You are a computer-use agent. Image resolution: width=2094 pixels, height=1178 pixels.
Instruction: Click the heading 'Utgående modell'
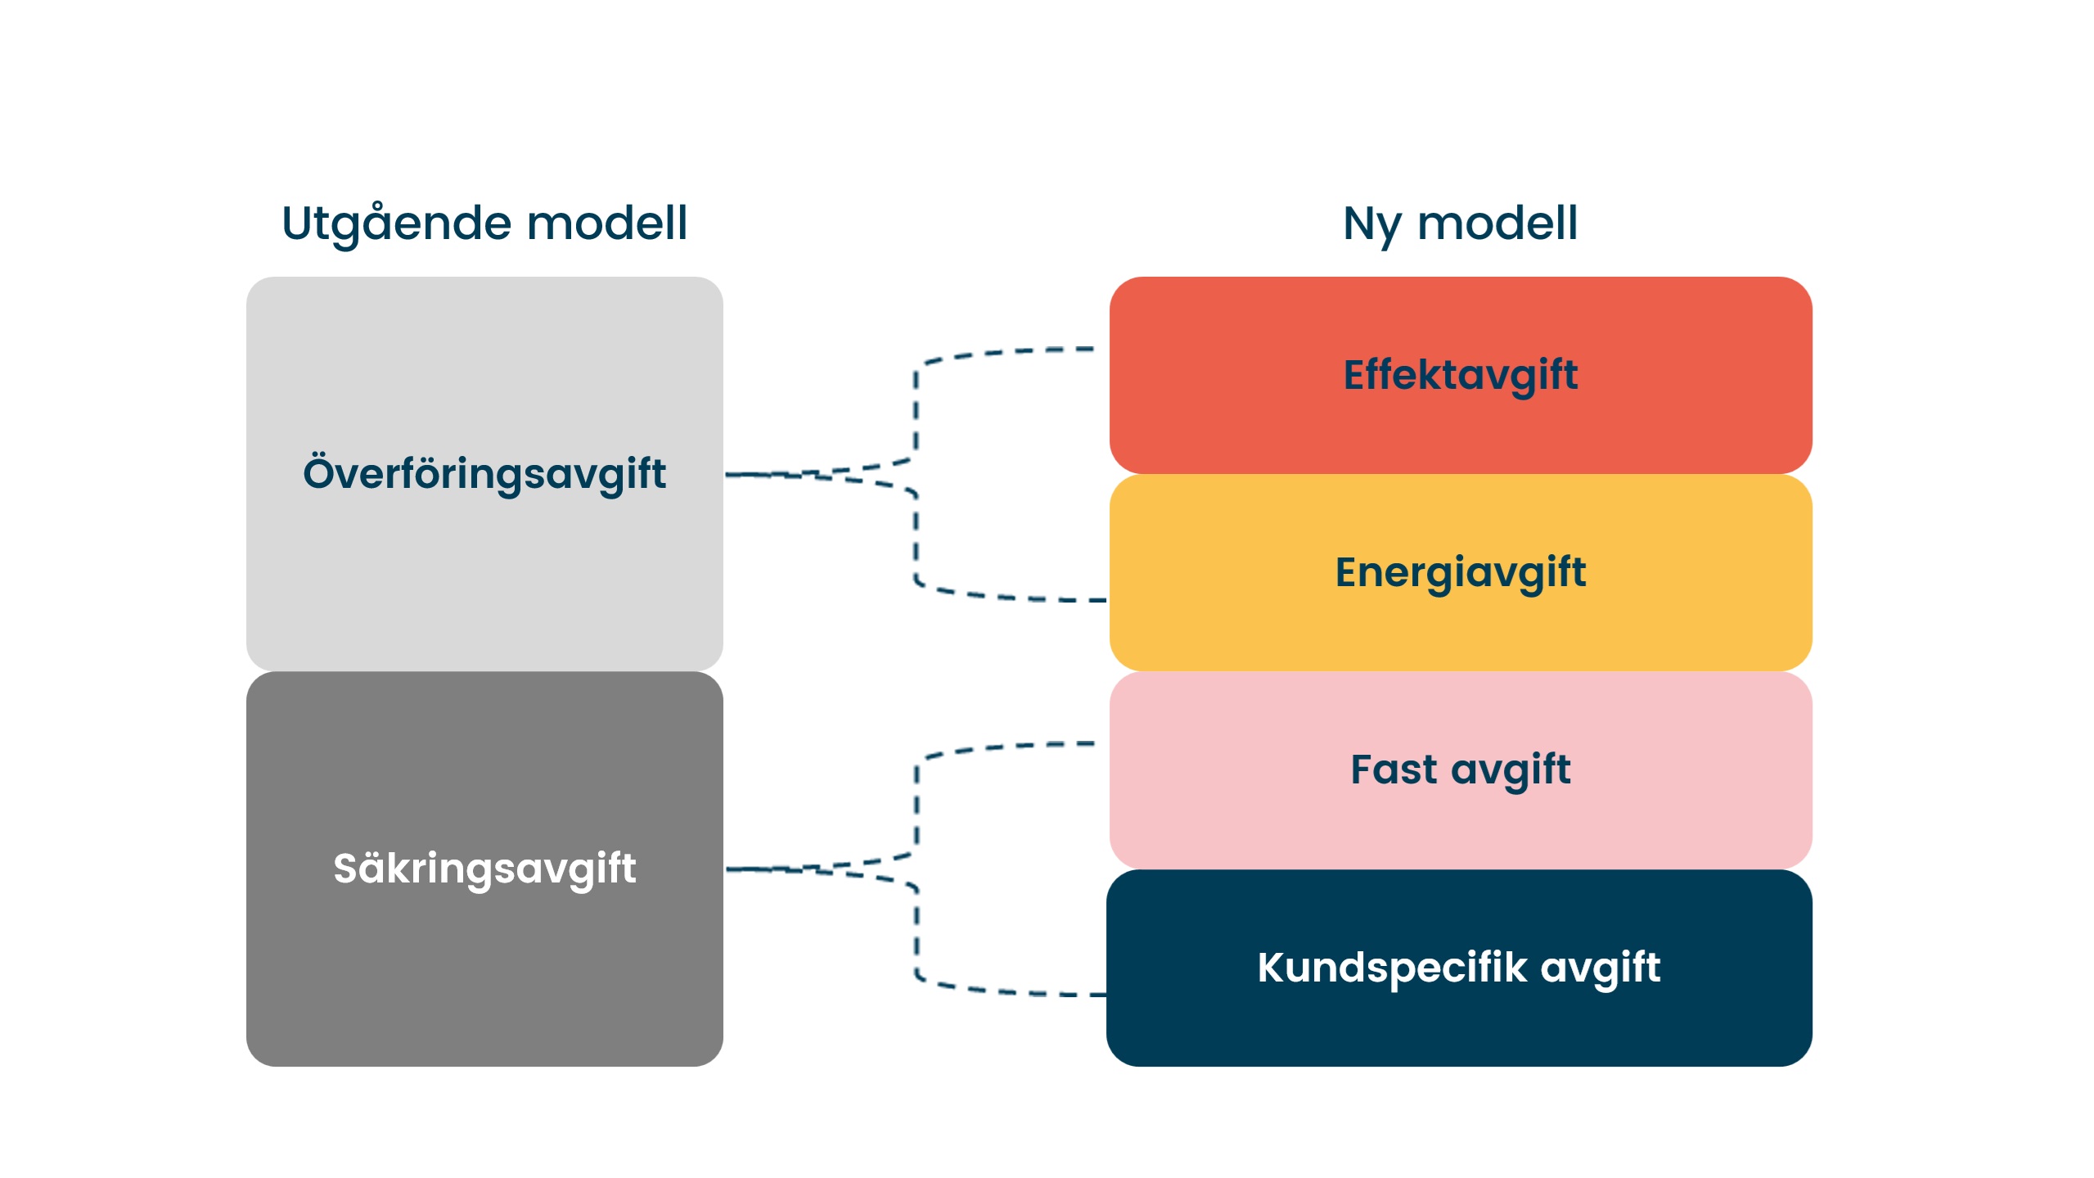(x=484, y=223)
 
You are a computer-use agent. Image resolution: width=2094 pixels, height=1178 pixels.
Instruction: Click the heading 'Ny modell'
(x=1460, y=223)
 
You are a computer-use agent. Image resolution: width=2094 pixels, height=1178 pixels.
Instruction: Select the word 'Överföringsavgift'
(x=484, y=474)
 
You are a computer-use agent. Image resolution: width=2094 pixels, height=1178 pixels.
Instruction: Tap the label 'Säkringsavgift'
(x=484, y=869)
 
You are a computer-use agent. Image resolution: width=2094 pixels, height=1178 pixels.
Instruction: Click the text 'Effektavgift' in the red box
(x=1460, y=375)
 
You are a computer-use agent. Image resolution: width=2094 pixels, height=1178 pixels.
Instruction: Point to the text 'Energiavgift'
(x=1460, y=572)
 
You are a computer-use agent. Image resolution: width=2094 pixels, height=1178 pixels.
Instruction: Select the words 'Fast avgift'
(x=1460, y=770)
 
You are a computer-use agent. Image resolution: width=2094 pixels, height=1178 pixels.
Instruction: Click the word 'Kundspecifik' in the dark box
(x=1391, y=968)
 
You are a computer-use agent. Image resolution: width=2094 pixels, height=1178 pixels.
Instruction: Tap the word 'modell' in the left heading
(x=606, y=223)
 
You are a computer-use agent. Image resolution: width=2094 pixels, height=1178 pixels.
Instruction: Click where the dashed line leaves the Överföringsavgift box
(x=736, y=474)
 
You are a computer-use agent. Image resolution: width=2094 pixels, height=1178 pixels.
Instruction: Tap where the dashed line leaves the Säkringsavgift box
(x=736, y=869)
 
